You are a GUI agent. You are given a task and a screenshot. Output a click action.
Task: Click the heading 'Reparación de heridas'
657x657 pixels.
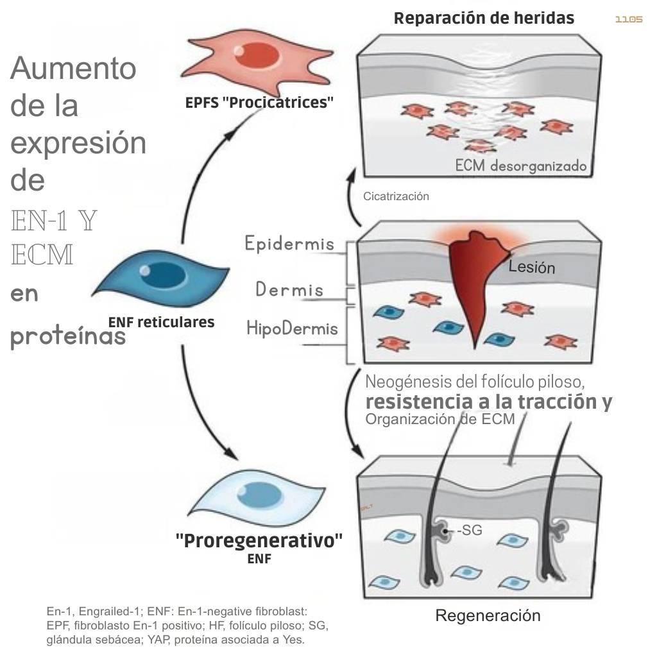click(x=484, y=18)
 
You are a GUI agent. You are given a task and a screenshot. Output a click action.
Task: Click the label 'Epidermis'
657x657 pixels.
click(x=289, y=244)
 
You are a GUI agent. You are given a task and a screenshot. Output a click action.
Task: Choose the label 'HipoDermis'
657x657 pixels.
click(x=292, y=328)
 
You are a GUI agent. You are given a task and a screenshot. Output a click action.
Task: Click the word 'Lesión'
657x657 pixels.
click(x=531, y=266)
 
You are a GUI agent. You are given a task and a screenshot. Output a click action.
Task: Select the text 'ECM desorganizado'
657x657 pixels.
click(x=520, y=166)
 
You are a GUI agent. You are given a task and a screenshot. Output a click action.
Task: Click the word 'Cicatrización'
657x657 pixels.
click(x=396, y=196)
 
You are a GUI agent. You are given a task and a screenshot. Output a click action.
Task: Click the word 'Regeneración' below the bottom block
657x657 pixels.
click(x=488, y=616)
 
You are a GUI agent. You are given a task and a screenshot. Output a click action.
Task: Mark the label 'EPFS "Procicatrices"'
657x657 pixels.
click(x=259, y=103)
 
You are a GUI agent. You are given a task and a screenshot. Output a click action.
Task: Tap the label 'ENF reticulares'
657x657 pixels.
click(x=161, y=322)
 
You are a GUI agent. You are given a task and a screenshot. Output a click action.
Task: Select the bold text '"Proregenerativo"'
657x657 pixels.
click(x=259, y=540)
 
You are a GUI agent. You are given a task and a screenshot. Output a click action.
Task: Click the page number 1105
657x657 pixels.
click(x=628, y=20)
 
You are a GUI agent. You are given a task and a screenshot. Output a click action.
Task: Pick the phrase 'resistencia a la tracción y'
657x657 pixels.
click(x=488, y=402)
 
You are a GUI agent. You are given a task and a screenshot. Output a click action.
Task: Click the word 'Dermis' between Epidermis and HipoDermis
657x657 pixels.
click(x=289, y=289)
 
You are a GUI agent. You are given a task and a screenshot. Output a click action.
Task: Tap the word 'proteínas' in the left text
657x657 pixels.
click(x=68, y=336)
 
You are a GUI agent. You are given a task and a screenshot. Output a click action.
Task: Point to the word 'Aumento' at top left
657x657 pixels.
click(x=73, y=67)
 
